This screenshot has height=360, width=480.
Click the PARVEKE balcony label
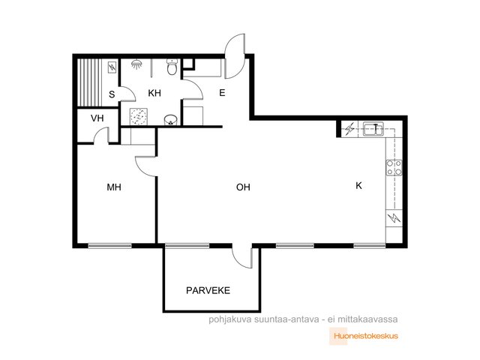pyautogui.click(x=208, y=290)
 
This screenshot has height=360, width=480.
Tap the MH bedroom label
pyautogui.click(x=114, y=187)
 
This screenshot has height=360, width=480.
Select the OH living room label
pyautogui.click(x=243, y=187)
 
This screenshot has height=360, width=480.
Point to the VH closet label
pyautogui.click(x=97, y=118)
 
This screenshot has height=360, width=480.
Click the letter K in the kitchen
pyautogui.click(x=358, y=185)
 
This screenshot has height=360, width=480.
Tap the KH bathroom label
pyautogui.click(x=154, y=93)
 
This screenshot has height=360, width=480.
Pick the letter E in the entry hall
pyautogui.click(x=222, y=93)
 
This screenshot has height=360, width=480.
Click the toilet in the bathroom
pyautogui.click(x=172, y=67)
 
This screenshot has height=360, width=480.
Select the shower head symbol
pyautogui.click(x=137, y=64)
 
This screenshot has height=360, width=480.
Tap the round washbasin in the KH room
pyautogui.click(x=170, y=120)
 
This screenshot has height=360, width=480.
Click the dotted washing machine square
pyautogui.click(x=138, y=117)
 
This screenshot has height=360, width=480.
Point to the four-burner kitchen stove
pyautogui.click(x=394, y=168)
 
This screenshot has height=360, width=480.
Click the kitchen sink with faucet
pyautogui.click(x=373, y=128)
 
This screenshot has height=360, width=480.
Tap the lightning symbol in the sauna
pyautogui.click(x=112, y=67)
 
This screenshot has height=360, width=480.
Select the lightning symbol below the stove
pyautogui.click(x=394, y=218)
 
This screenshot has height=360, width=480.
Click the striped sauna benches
pyautogui.click(x=85, y=82)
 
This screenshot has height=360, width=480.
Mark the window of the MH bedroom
pyautogui.click(x=110, y=245)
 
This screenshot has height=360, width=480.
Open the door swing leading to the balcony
pyautogui.click(x=242, y=257)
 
